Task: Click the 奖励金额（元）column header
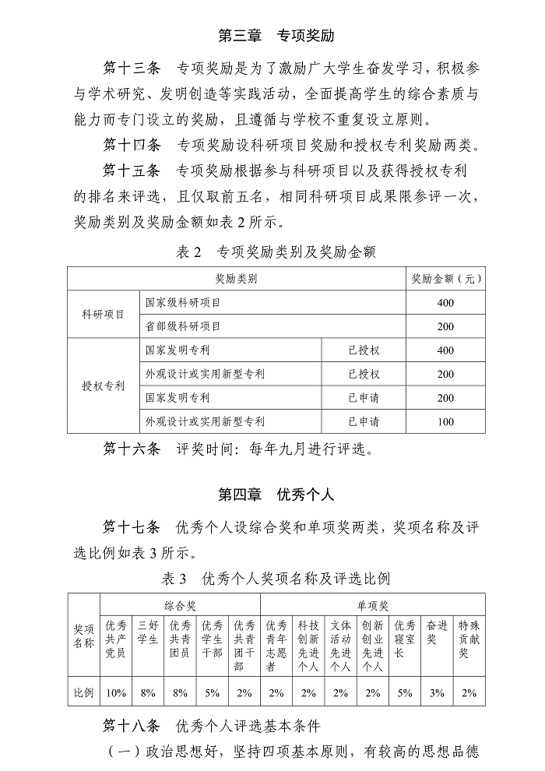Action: click(x=445, y=279)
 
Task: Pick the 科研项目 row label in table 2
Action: click(x=103, y=314)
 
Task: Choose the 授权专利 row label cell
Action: click(x=103, y=385)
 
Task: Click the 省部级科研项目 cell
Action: click(x=183, y=326)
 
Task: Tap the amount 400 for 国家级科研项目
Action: click(x=445, y=302)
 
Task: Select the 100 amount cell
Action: click(x=445, y=422)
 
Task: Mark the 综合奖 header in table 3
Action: click(x=180, y=604)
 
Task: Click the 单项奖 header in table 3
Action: click(x=372, y=604)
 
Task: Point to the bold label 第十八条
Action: click(x=132, y=726)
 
